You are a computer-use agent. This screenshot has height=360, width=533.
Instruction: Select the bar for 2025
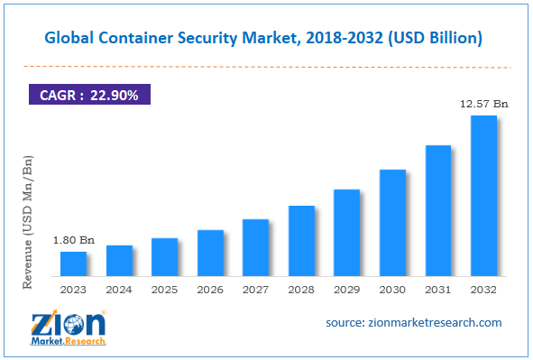point(164,257)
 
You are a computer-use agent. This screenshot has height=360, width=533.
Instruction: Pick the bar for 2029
point(346,233)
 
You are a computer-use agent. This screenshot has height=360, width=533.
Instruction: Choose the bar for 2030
point(392,223)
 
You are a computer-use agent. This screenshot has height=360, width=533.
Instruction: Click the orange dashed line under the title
point(266,66)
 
